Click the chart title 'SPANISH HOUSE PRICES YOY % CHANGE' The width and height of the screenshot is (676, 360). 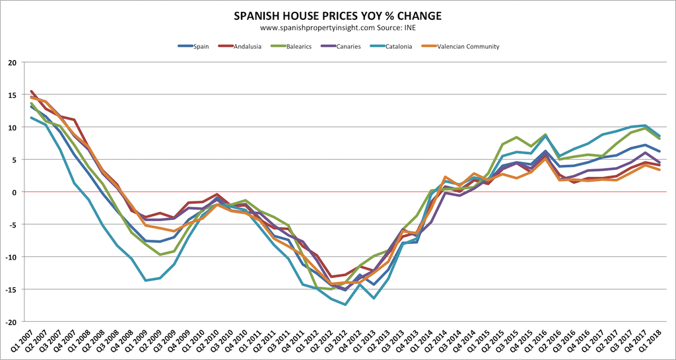coord(338,15)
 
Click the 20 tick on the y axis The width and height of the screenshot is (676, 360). coord(11,62)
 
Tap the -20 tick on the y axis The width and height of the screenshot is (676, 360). coord(10,322)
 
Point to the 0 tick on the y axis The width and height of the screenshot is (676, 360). coord(13,192)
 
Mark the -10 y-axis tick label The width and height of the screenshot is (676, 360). coord(10,257)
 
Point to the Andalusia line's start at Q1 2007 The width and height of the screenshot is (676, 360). coord(32,91)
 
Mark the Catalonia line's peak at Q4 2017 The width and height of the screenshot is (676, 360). coord(645,126)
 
